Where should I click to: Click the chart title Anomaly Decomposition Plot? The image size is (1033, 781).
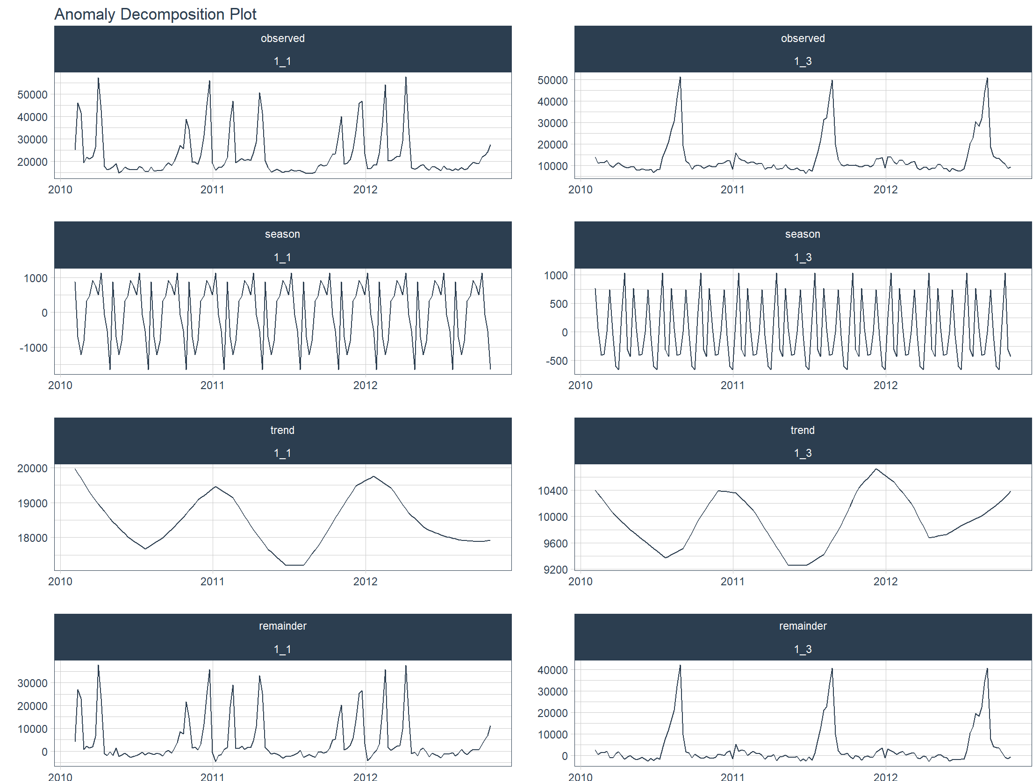click(155, 14)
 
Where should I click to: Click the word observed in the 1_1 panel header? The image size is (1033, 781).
click(282, 38)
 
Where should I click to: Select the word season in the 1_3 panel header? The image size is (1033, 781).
click(802, 234)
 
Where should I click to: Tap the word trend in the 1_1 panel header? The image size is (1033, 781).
click(282, 430)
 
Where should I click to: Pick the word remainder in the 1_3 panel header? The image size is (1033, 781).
click(802, 626)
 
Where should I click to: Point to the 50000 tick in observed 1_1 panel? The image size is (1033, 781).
click(32, 95)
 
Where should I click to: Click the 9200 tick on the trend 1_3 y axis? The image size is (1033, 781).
click(555, 570)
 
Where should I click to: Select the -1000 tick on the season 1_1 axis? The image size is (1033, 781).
click(33, 348)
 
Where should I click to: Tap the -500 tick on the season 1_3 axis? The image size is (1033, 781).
click(556, 361)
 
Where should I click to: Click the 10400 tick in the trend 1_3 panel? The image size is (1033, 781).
click(552, 491)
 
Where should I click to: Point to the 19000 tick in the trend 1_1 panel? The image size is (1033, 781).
click(32, 504)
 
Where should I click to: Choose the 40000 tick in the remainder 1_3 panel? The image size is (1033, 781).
click(552, 670)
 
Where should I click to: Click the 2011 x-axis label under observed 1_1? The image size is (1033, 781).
click(212, 190)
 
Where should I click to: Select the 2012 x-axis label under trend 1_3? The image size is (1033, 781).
click(885, 582)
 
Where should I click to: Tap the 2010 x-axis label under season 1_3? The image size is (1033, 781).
click(580, 385)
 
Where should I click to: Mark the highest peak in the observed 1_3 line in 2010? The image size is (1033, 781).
click(680, 78)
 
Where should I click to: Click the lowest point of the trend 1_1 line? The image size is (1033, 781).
click(294, 565)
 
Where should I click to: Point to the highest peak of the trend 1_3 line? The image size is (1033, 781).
click(876, 469)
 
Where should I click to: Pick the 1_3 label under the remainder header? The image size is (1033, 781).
click(802, 649)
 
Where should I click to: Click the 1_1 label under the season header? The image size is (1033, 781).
click(282, 257)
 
